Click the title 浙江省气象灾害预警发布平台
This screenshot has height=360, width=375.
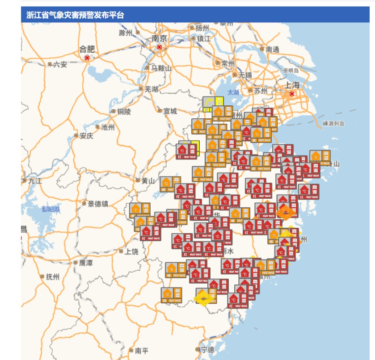pyautogui.click(x=75, y=15)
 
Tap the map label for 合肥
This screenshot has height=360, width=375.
pyautogui.click(x=87, y=49)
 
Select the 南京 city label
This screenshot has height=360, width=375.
pyautogui.click(x=159, y=38)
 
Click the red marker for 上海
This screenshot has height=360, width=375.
pyautogui.click(x=292, y=94)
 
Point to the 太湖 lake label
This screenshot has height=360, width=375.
pyautogui.click(x=233, y=92)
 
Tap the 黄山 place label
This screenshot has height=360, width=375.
pyautogui.click(x=148, y=181)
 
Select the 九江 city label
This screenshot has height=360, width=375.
pyautogui.click(x=34, y=181)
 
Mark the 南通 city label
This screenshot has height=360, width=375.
pyautogui.click(x=272, y=50)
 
